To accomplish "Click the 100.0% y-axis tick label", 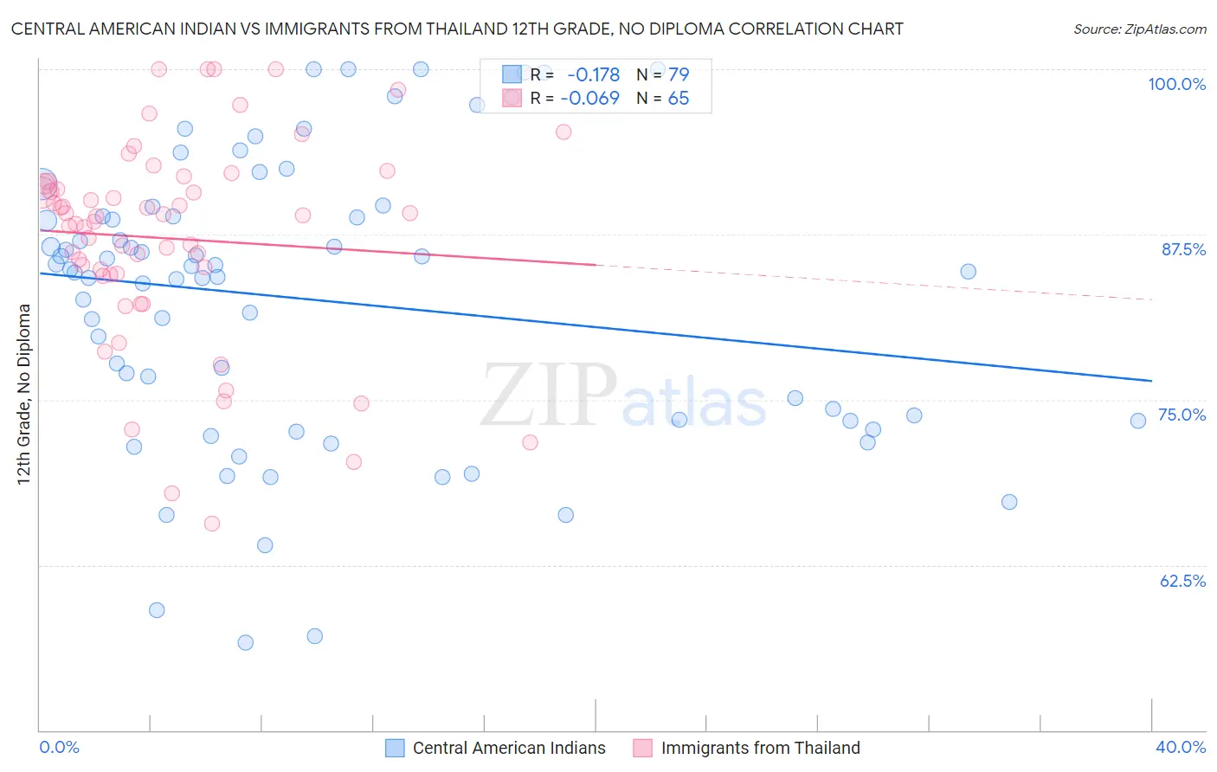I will (1176, 84).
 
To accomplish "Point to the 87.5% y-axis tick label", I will (1183, 249).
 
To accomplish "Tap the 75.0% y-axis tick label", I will (1182, 415).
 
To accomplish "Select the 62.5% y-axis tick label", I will (1182, 581).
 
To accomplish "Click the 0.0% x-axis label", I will (59, 747).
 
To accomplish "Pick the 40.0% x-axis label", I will (1180, 747).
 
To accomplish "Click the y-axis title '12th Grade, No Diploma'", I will (24, 394).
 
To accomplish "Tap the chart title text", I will (457, 29).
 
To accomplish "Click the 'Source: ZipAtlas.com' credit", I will (1139, 29).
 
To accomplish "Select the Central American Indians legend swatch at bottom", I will (395, 748).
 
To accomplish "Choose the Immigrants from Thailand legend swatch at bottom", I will (642, 748).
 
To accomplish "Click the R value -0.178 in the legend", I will (593, 74).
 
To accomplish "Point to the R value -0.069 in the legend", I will (589, 98).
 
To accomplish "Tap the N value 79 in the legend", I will (679, 74).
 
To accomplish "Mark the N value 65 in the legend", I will (679, 98).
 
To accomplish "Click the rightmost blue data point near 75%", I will (1138, 421).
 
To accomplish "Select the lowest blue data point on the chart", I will (246, 642).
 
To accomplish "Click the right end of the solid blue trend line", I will (1151, 381).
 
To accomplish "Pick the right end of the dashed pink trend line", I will (1151, 299).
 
